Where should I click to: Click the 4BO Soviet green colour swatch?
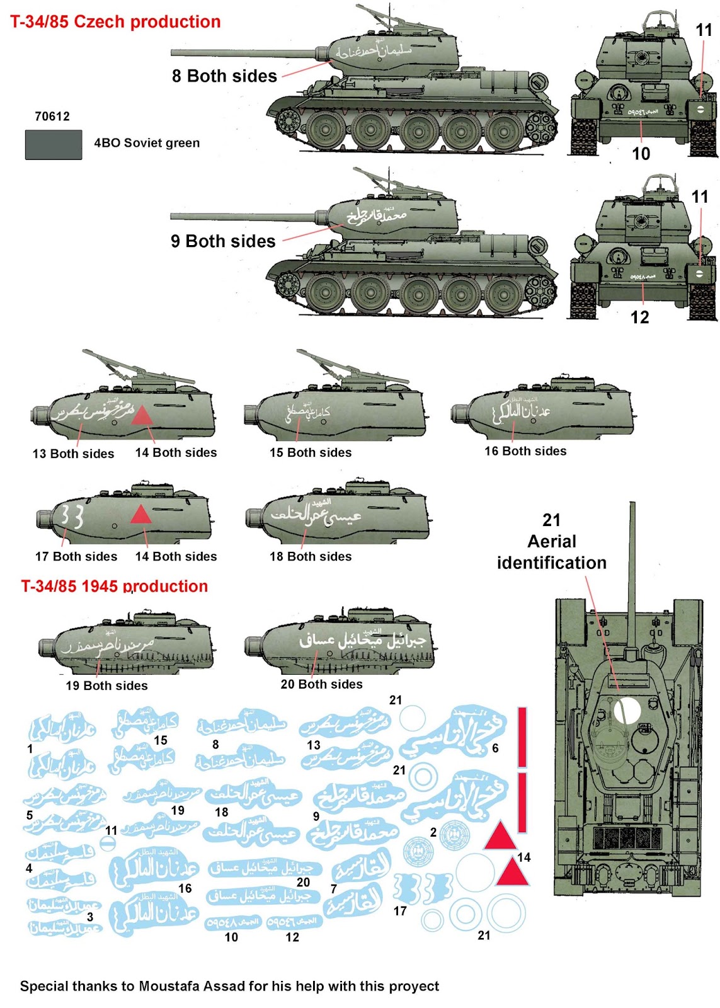pos(54,144)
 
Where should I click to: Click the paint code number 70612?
pos(52,117)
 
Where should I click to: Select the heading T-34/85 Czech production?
pos(115,22)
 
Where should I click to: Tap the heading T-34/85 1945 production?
pos(115,587)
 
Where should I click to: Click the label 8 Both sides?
pos(224,76)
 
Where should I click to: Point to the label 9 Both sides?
pos(223,241)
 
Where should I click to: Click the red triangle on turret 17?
pos(141,515)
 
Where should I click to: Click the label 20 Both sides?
pos(321,684)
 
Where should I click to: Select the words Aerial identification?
pos(552,552)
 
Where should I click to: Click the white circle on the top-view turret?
pos(627,710)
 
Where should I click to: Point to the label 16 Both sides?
pos(525,451)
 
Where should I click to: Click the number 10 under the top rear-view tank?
pos(641,154)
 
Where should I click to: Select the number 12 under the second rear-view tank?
pos(640,317)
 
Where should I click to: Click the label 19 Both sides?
pos(107,685)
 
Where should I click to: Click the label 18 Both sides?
pos(311,556)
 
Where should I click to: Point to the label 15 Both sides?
pos(311,452)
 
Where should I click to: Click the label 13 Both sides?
pos(74,454)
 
